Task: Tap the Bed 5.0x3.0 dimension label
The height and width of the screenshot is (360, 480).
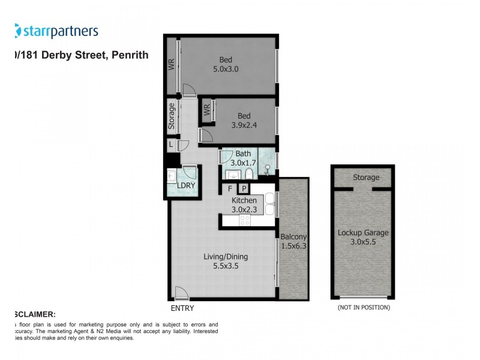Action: pyautogui.click(x=226, y=64)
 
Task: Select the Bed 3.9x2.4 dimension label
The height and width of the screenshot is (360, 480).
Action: pyautogui.click(x=244, y=120)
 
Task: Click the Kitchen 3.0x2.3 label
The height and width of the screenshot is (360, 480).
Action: pyautogui.click(x=244, y=205)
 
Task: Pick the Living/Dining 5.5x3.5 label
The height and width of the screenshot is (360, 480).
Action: pyautogui.click(x=225, y=261)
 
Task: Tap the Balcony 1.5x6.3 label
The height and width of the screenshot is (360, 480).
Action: pyautogui.click(x=293, y=241)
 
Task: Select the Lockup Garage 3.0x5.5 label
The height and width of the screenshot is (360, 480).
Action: pyautogui.click(x=363, y=237)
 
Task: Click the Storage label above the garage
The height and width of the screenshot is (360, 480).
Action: pyautogui.click(x=365, y=178)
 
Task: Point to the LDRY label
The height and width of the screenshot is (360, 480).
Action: pyautogui.click(x=186, y=187)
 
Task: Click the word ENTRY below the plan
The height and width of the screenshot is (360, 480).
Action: pyautogui.click(x=182, y=308)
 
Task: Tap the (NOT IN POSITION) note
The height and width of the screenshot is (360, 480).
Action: pyautogui.click(x=364, y=308)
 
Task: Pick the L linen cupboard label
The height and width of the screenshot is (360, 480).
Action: pyautogui.click(x=171, y=145)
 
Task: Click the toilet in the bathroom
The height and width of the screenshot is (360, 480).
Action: pyautogui.click(x=248, y=174)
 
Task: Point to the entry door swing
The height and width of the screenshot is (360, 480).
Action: pyautogui.click(x=181, y=293)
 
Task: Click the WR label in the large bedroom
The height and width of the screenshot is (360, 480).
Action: pyautogui.click(x=171, y=65)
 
